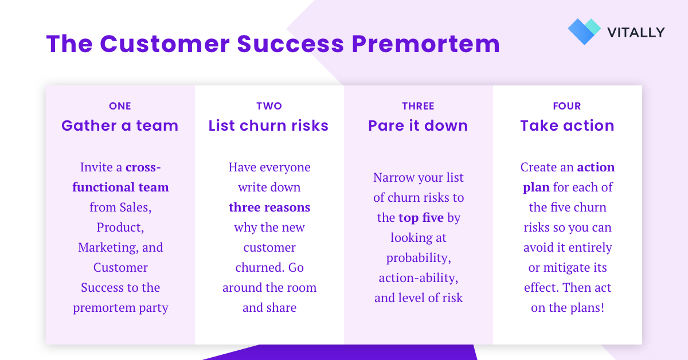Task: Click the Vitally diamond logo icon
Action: point(584,32)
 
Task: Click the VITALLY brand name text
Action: point(636,33)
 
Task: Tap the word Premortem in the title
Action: point(426,44)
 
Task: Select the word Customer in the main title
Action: point(165,44)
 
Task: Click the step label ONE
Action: point(120,106)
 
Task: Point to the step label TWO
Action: point(269,106)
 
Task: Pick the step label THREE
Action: point(419,106)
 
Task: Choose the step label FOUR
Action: point(567,106)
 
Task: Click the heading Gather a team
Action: point(120,126)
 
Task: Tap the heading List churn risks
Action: point(269,126)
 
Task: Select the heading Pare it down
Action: point(418,126)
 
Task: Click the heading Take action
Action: point(567,126)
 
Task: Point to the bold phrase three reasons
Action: point(269,208)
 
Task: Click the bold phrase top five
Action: point(421,217)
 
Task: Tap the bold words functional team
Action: point(120,187)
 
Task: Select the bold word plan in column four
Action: point(536,187)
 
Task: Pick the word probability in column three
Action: point(419,258)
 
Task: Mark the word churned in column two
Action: point(259,268)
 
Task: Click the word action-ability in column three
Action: point(419,278)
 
